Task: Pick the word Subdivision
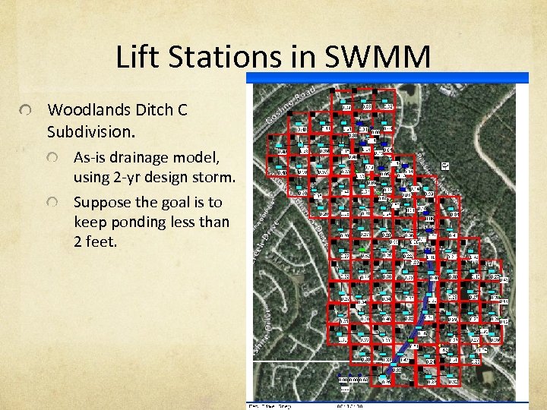[x=90, y=131]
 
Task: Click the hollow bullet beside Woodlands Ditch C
[x=27, y=112]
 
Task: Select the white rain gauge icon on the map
[x=445, y=166]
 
